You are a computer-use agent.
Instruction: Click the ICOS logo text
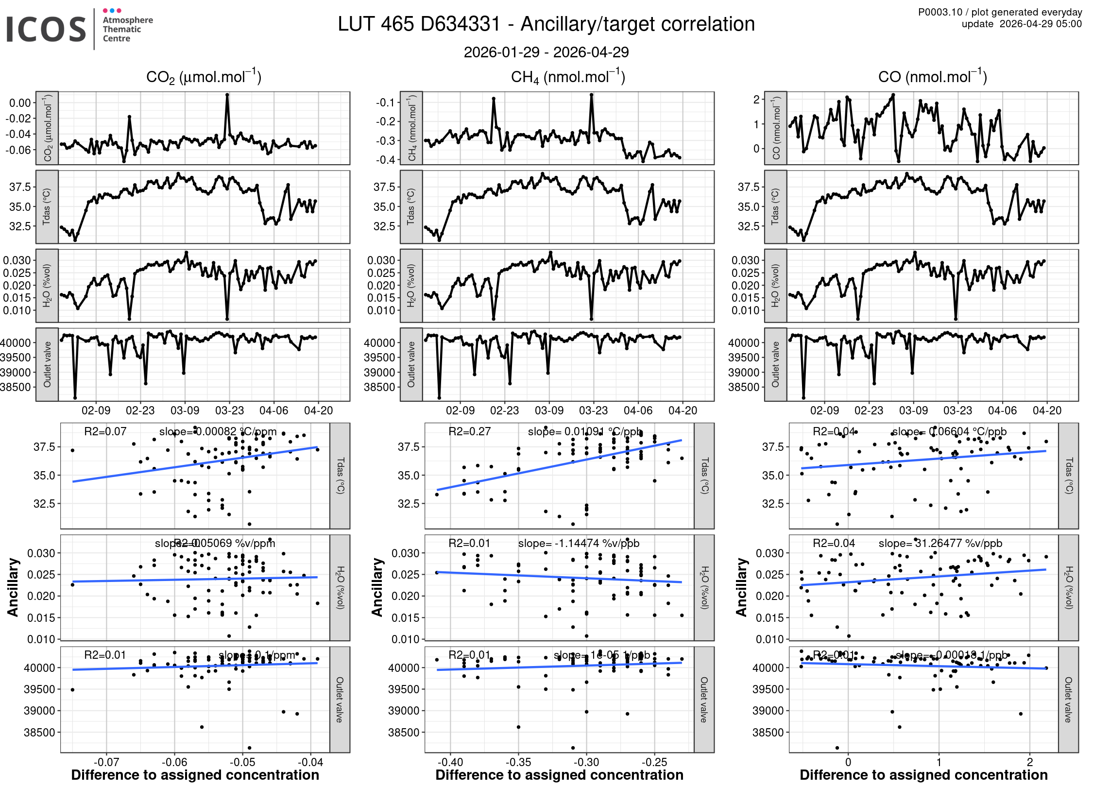point(46,29)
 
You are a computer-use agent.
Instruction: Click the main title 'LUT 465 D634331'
point(419,24)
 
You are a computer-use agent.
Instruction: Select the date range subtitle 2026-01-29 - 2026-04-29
point(546,52)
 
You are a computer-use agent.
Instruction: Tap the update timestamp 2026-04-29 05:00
point(1041,24)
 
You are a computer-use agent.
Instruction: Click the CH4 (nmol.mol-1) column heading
point(567,77)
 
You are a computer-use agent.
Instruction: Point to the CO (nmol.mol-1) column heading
point(932,77)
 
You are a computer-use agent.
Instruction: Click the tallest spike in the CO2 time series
point(227,96)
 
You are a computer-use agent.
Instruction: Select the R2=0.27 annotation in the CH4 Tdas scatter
point(469,431)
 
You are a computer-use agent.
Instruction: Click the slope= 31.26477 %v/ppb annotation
point(940,543)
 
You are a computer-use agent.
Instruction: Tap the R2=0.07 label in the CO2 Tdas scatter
point(105,431)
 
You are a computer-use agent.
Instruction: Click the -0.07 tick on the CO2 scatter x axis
point(106,762)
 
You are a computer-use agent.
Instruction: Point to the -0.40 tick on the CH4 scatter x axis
point(450,762)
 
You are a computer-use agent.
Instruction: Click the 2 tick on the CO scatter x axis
point(1030,762)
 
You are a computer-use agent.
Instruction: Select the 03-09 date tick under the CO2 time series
point(185,411)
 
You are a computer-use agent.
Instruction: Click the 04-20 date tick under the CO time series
point(1047,411)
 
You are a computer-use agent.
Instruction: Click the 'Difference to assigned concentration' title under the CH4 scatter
point(559,775)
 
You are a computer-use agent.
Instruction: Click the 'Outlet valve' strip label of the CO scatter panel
point(1068,700)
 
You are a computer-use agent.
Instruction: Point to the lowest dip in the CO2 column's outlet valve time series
point(75,397)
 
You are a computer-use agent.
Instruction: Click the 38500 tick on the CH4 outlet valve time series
point(379,387)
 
